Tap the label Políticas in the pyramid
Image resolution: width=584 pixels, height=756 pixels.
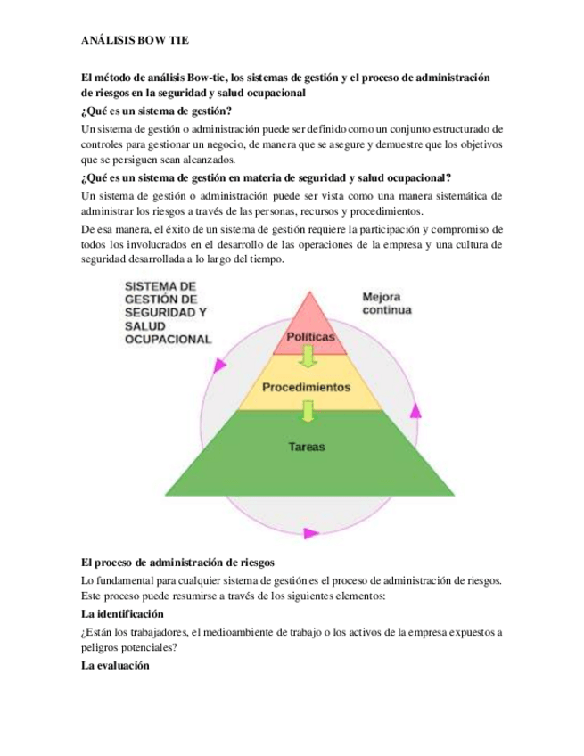(x=309, y=337)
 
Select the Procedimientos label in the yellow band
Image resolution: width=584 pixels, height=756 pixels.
(x=307, y=388)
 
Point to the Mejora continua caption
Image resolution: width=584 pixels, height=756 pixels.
(x=386, y=304)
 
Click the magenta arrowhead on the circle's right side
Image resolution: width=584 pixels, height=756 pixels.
(x=415, y=412)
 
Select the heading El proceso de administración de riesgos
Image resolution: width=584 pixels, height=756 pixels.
(x=178, y=563)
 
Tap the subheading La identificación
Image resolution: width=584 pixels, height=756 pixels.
(x=122, y=615)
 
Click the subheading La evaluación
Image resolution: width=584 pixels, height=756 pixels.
(x=115, y=666)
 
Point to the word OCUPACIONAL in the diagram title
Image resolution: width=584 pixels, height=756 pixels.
(x=168, y=340)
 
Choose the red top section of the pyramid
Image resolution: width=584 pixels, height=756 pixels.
(x=308, y=316)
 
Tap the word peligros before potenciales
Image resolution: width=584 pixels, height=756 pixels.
(x=104, y=649)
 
